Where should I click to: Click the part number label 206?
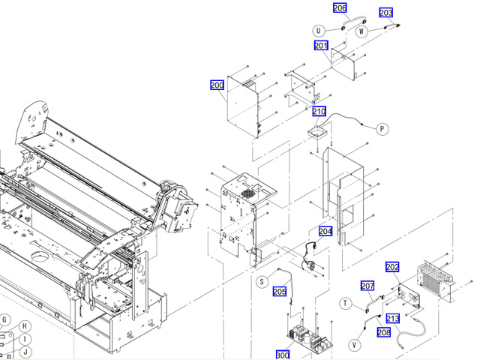(340, 8)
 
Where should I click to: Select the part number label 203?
(386, 13)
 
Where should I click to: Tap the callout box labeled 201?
(321, 46)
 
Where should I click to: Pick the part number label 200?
(217, 85)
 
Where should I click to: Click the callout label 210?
(319, 112)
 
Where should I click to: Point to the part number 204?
(325, 232)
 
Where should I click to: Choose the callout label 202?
(392, 267)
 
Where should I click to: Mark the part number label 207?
(367, 286)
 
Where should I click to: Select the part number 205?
(280, 292)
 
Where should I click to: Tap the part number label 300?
(283, 355)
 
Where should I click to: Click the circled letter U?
(319, 31)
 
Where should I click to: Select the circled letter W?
(361, 31)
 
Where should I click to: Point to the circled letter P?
(382, 129)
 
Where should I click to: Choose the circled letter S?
(262, 282)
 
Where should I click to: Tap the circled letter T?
(346, 303)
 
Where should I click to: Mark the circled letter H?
(25, 326)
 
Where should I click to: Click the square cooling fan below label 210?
(320, 132)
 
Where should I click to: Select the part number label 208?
(384, 332)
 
